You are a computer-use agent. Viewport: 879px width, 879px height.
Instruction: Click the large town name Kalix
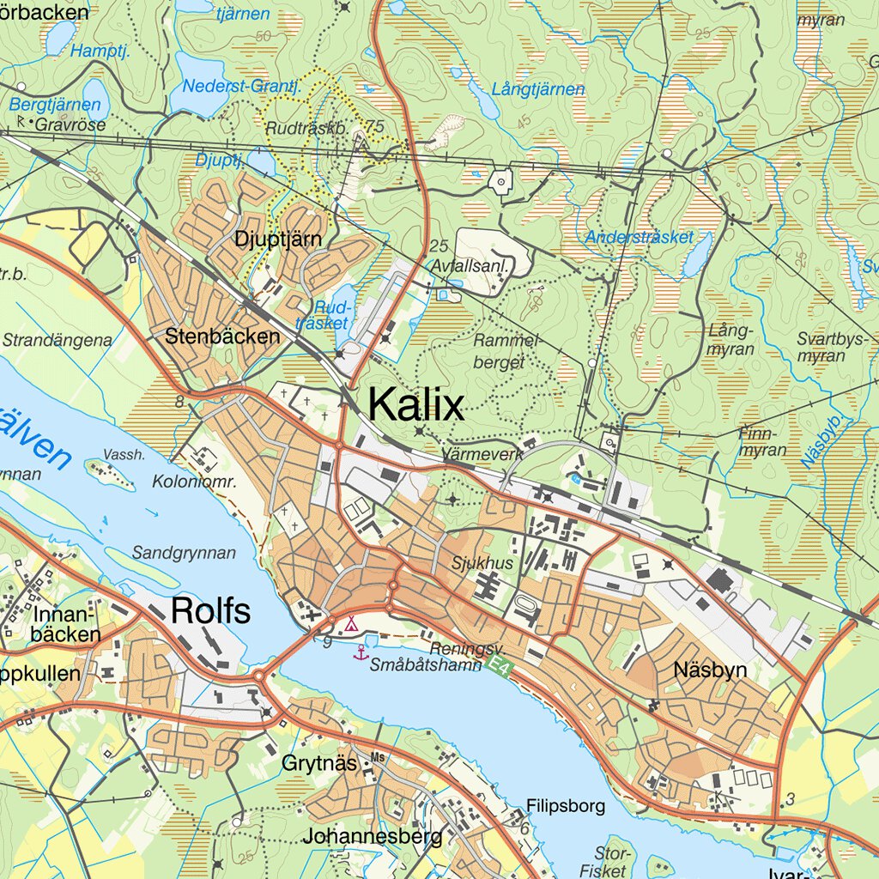(x=416, y=403)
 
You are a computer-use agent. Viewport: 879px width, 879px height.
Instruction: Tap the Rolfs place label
(x=210, y=610)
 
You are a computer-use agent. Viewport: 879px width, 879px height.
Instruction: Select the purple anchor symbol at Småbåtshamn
(x=361, y=653)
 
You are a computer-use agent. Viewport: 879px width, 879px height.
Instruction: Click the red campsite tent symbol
(x=351, y=622)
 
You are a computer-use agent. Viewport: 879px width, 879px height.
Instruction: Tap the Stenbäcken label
(x=223, y=336)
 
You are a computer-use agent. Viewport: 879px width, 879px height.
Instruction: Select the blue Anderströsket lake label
(x=639, y=237)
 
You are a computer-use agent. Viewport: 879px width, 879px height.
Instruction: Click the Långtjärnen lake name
(x=538, y=89)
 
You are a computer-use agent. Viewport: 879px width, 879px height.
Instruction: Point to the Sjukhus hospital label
(x=482, y=564)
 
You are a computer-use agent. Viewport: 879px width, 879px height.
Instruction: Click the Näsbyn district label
(x=711, y=670)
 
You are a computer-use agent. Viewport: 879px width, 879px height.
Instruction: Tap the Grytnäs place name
(x=319, y=762)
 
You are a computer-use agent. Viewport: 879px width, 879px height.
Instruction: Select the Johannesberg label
(x=372, y=835)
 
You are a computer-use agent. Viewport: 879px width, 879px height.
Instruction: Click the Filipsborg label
(x=566, y=806)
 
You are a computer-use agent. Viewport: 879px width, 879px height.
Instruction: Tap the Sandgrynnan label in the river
(x=184, y=553)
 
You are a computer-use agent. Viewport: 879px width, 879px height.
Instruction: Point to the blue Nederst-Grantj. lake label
(x=241, y=86)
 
